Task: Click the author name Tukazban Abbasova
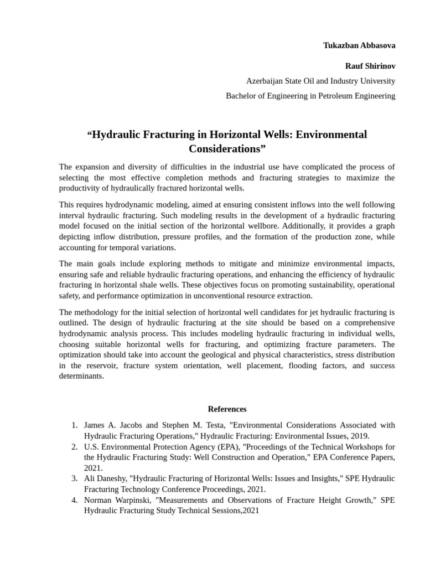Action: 359,45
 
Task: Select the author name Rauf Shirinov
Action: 370,66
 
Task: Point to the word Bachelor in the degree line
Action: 242,96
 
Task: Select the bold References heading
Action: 227,409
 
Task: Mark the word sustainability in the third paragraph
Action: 319,285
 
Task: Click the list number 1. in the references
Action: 75,425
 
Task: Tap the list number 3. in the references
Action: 75,478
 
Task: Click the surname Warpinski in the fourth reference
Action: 133,500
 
